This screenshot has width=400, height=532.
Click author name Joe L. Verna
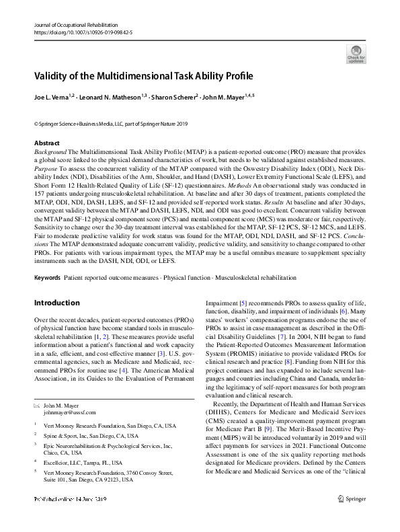tap(54, 97)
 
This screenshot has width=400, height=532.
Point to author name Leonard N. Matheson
tap(114, 97)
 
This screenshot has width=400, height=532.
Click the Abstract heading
tap(46, 143)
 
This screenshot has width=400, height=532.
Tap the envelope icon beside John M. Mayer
tap(37, 406)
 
